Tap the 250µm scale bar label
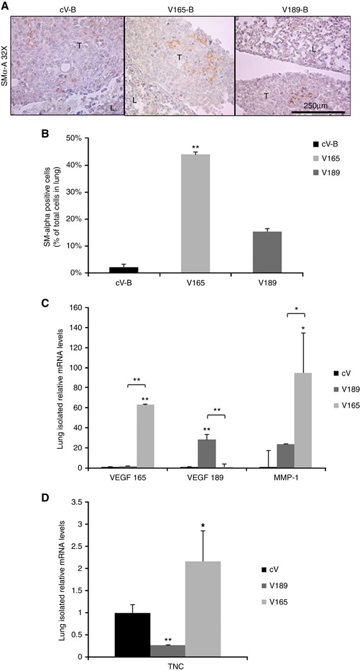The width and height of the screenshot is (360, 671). point(319,105)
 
